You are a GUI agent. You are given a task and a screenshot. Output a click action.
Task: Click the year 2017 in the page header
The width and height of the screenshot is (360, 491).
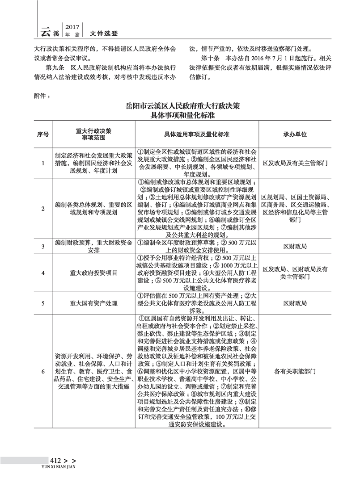pos(72,27)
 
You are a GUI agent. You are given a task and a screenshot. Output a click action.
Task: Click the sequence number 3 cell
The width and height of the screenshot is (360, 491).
pos(43,246)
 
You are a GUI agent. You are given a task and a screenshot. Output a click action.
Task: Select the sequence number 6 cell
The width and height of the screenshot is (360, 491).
pos(43,371)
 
